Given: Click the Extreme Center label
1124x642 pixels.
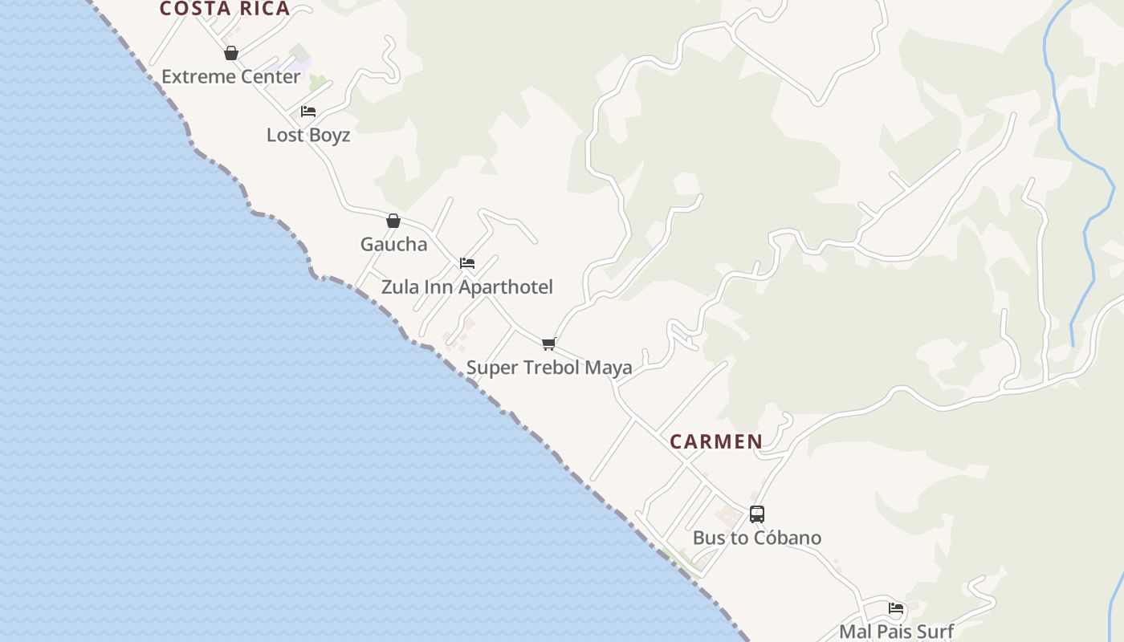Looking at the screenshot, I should coord(231,77).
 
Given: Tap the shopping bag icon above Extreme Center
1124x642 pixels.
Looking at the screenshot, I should coord(231,54).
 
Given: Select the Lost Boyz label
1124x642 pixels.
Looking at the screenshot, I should coord(308,135).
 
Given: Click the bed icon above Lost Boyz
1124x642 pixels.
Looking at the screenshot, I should coord(308,112).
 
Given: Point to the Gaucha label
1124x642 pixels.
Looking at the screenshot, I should coord(393,244).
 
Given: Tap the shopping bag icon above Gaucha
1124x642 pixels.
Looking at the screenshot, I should coord(393,221).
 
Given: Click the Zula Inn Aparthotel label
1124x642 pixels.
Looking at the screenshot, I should coord(466,287).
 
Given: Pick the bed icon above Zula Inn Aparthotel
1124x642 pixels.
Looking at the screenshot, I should coord(467,263).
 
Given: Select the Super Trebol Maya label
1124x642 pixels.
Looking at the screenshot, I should coord(549,368).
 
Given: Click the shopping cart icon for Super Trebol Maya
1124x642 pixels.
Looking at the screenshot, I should coord(549,343).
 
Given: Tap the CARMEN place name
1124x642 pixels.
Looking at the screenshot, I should coord(716,441).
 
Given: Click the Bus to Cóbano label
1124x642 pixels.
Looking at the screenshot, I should coord(757,538).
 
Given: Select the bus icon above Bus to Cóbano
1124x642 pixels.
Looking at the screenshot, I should coord(757,514).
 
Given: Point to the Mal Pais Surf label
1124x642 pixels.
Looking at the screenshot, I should coord(896,632).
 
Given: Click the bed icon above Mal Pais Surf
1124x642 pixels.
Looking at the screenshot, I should coord(896,608).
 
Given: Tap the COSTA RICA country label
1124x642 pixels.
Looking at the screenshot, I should coord(225,9).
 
